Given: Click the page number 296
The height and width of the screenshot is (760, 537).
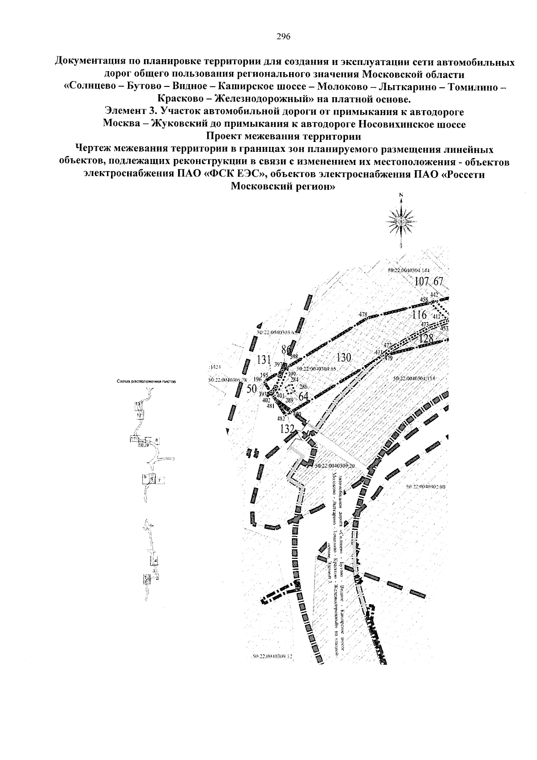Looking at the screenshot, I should pos(284,37).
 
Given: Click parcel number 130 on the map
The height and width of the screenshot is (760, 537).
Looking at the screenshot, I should pos(343,357).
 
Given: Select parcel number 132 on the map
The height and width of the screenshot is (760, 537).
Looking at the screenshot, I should pos(287,429).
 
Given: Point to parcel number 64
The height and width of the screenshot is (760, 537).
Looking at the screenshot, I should pos(304,396).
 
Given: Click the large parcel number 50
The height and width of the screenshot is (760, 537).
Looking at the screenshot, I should pos(251,389).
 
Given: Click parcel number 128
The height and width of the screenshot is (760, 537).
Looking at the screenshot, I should pos(426,339).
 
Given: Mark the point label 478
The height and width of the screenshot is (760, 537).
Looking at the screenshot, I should pos(363,314).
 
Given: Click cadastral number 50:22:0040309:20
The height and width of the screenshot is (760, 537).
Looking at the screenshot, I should pos(335,466).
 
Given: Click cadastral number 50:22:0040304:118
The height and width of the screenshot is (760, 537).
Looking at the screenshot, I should pos(414,378).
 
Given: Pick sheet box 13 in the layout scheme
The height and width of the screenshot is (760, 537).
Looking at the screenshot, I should pos(139,404).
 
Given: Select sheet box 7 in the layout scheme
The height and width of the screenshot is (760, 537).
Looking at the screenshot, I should pos(159,480).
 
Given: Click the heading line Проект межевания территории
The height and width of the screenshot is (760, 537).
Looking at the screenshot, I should pos(284,135).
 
